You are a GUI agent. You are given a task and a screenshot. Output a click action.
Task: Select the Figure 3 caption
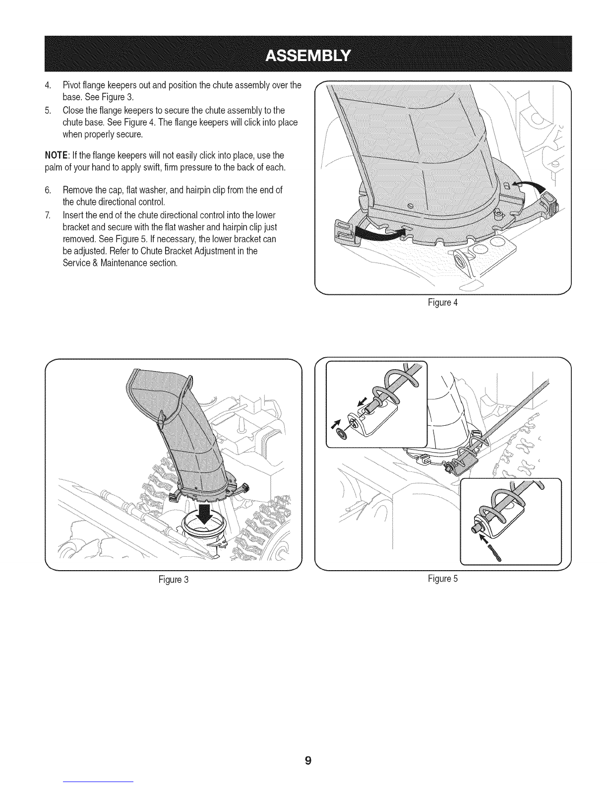[x=173, y=579]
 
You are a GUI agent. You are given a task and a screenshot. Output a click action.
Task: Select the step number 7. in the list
[x=48, y=216]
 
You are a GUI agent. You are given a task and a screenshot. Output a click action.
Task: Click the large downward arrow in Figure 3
[x=203, y=519]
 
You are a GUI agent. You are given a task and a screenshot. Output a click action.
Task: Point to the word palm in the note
[x=53, y=168]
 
